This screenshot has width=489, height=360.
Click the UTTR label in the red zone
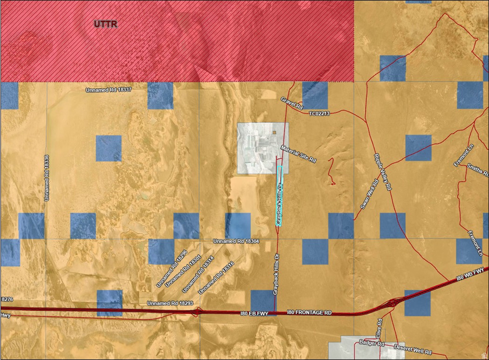click(x=106, y=23)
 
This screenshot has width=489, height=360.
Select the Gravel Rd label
click(x=292, y=104)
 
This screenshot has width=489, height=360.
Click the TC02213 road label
click(x=319, y=114)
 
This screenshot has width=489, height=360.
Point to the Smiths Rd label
click(x=478, y=169)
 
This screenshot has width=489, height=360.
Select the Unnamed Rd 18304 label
click(x=236, y=242)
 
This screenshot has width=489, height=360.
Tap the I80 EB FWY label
click(x=257, y=314)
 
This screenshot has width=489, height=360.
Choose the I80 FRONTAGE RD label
click(x=309, y=312)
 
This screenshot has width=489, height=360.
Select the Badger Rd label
click(x=372, y=343)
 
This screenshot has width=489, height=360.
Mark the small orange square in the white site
click(x=274, y=132)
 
